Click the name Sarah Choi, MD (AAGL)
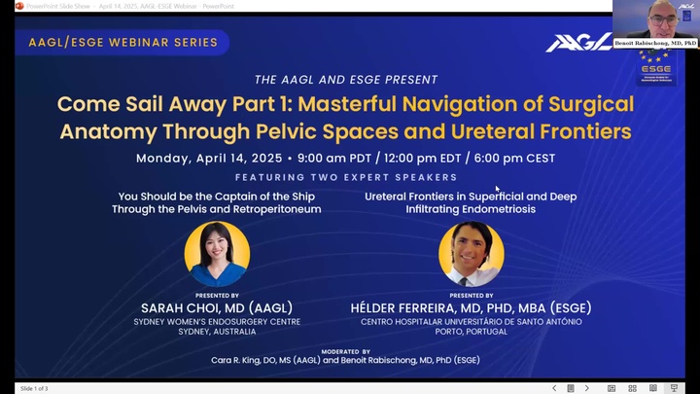[x=217, y=308]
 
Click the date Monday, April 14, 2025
[x=209, y=158]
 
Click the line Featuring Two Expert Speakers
[x=346, y=177]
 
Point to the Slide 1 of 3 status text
[x=34, y=388]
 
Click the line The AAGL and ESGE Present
[x=346, y=80]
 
